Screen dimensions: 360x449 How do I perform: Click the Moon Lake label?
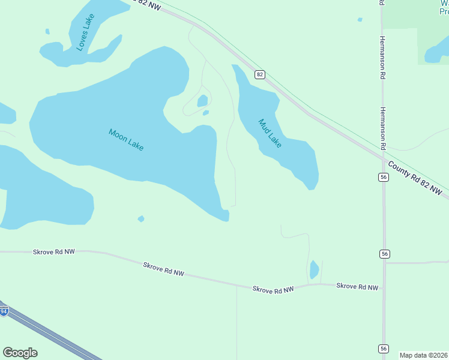(x=126, y=140)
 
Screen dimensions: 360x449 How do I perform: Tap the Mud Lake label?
(x=270, y=133)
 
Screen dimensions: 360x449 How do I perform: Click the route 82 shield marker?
(x=259, y=74)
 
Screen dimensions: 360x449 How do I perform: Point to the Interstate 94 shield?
(x=4, y=311)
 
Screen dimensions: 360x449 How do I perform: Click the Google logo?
(x=20, y=353)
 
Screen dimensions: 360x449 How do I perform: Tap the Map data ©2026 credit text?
(x=424, y=355)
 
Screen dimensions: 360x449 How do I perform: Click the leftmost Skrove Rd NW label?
(x=54, y=253)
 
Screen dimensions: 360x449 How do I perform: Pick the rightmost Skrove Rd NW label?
(x=358, y=286)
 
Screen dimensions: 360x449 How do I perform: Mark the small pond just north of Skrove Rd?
(x=314, y=269)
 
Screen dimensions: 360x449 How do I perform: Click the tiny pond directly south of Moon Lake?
(x=141, y=219)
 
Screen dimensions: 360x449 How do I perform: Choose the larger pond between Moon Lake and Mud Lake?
(x=202, y=101)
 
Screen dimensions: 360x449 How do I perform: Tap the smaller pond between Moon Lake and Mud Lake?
(x=206, y=112)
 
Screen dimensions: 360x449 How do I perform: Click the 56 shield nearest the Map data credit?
(x=384, y=349)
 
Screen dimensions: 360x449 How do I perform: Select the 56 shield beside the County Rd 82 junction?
(x=384, y=176)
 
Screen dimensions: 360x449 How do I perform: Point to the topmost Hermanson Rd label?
(x=382, y=57)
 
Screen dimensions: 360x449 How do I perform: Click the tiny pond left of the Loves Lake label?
(x=47, y=31)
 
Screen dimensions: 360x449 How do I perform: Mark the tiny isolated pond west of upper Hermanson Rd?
(x=360, y=20)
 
